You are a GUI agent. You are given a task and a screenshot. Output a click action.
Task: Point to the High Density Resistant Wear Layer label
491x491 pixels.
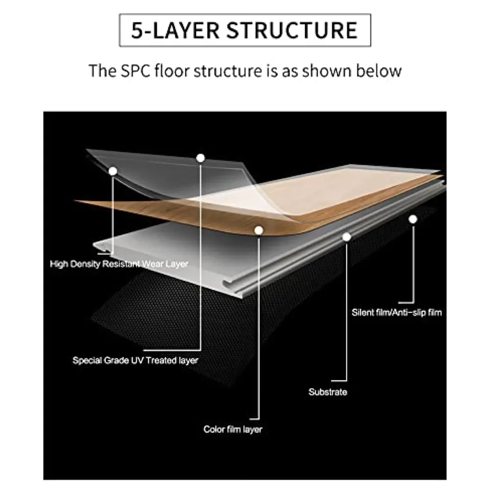[119, 264]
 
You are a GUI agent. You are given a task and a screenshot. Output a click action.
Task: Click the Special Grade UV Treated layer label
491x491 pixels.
[136, 360]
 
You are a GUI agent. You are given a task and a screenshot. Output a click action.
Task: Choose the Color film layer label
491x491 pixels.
[233, 430]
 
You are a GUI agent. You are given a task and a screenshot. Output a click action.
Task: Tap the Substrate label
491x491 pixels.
[327, 392]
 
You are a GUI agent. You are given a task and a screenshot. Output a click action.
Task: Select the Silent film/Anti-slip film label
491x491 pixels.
[397, 312]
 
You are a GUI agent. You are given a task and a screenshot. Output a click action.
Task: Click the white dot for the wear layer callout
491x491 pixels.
[113, 171]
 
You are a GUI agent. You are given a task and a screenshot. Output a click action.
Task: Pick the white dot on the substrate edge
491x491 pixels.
[347, 237]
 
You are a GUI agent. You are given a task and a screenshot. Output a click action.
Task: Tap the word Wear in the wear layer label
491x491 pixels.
[153, 264]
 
